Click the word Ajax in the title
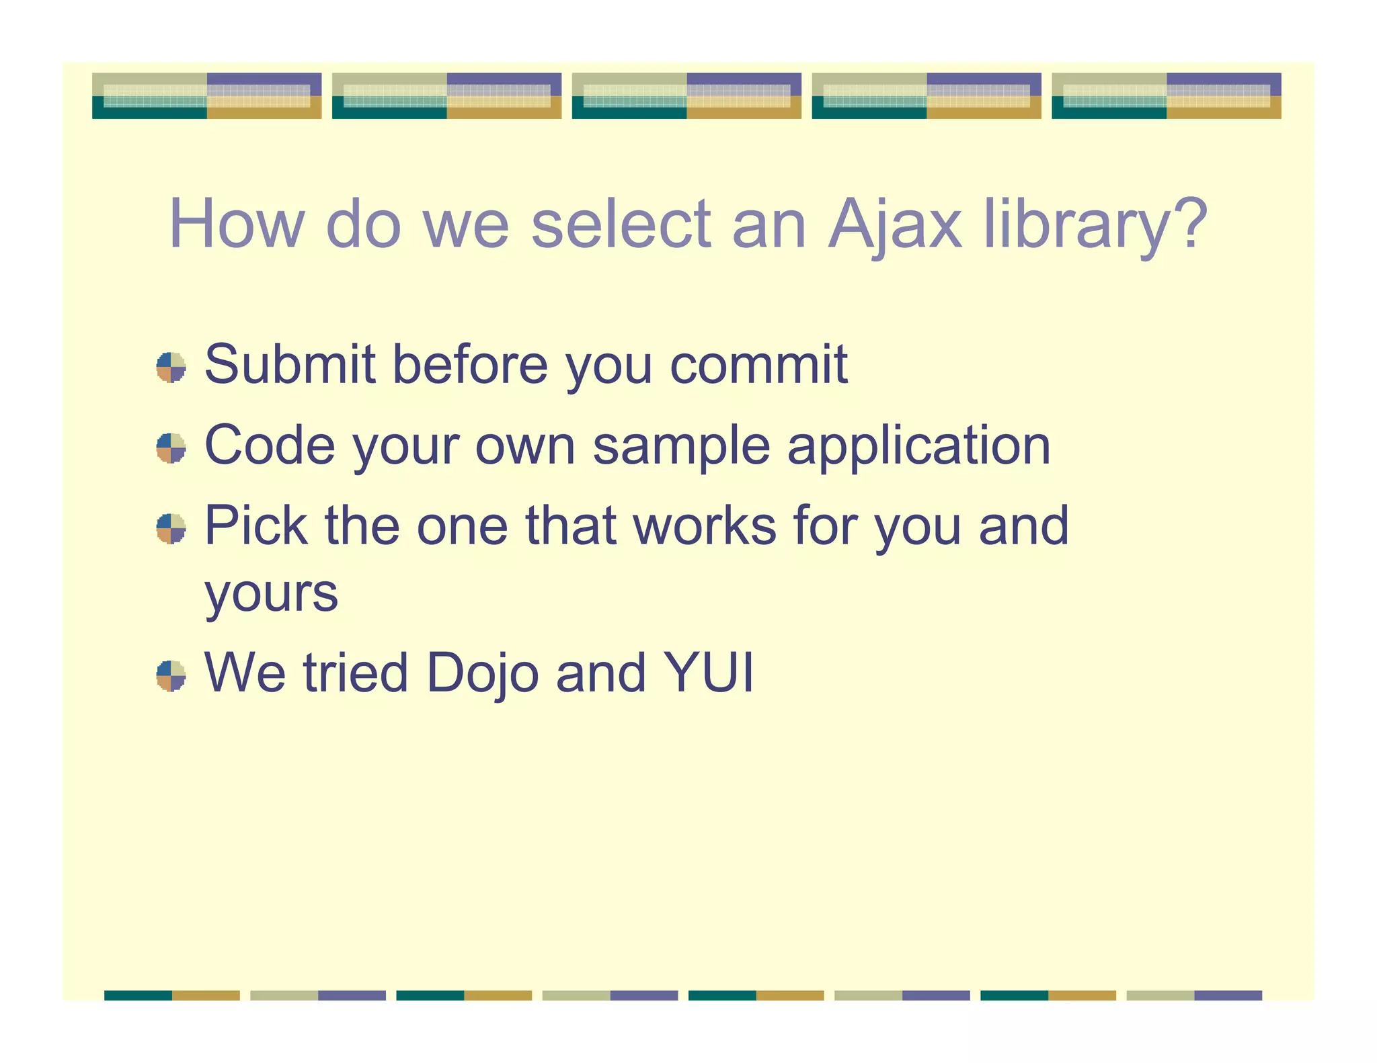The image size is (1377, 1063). point(895,224)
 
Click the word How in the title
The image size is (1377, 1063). point(237,224)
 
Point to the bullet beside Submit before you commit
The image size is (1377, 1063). point(171,368)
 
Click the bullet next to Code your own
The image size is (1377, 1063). point(171,448)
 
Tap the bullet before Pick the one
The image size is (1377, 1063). point(171,529)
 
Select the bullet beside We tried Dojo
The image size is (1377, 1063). point(171,675)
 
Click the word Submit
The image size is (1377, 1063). point(289,364)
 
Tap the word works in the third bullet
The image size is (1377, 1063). point(705,525)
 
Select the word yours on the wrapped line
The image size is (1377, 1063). point(271,593)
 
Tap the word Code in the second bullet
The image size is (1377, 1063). point(270,445)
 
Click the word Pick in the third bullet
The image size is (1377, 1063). point(256,525)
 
